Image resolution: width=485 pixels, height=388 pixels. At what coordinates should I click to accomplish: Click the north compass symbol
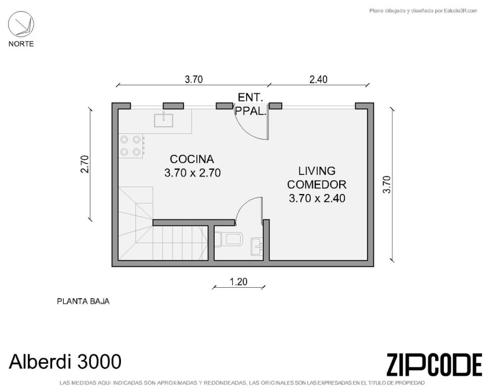(21, 24)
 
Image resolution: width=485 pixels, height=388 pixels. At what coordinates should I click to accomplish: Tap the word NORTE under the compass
(21, 44)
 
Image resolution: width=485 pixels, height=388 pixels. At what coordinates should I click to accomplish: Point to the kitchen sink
(164, 119)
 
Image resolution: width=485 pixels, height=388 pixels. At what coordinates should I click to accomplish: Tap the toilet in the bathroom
(229, 239)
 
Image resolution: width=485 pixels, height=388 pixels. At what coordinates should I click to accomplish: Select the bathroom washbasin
(256, 247)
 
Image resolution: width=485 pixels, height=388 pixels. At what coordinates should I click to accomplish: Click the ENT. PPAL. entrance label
(251, 104)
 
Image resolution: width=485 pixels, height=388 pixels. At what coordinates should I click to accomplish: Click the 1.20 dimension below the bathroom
(238, 282)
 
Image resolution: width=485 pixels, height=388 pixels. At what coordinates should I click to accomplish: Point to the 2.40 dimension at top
(318, 79)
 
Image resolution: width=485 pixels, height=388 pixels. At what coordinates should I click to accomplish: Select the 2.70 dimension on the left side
(84, 164)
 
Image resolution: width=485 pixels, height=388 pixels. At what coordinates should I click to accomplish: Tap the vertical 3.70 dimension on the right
(387, 184)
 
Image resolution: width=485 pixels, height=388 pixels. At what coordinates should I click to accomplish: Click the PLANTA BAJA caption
(83, 301)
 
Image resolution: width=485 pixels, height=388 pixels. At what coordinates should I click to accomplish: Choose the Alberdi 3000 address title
(65, 361)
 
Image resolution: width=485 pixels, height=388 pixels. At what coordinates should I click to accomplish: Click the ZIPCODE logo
(435, 364)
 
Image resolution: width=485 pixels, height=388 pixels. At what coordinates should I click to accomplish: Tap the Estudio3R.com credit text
(424, 11)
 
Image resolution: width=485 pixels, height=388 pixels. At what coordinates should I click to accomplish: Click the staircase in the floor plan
(163, 224)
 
